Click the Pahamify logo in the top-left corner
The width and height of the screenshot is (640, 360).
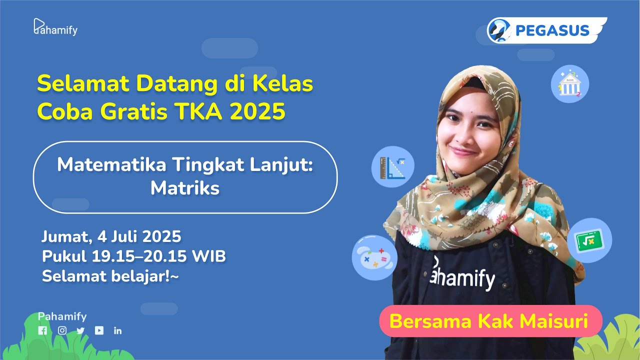pos(55,27)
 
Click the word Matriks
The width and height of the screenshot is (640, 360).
pos(185,188)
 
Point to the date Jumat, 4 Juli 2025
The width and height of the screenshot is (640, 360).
pos(111,236)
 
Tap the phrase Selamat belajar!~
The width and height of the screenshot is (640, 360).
pos(110,276)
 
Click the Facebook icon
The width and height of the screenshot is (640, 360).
pos(42,330)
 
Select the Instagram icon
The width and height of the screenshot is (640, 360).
pos(62,330)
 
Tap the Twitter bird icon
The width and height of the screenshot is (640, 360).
pos(80,330)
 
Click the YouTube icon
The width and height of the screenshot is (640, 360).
pos(99,330)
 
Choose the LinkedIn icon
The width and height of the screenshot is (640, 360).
pos(118,330)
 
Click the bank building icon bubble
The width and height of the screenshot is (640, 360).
pos(569,84)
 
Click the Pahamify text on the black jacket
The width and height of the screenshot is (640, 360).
pos(462,276)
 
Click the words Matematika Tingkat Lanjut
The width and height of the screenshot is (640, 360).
pos(185,165)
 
